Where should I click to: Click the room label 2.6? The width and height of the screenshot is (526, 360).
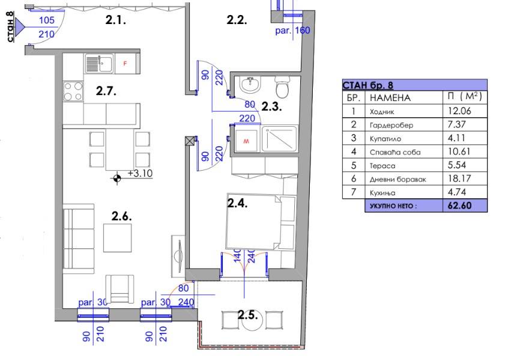tap(121, 216)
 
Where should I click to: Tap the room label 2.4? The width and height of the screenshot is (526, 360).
tap(238, 203)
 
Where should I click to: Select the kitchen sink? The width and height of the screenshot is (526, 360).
tap(100, 64)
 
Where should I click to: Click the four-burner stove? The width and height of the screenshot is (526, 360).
tap(73, 91)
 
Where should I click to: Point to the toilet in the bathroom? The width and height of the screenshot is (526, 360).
tap(282, 86)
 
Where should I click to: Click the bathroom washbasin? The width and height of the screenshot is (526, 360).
tap(250, 85)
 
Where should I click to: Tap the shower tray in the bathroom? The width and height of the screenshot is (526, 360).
tap(279, 139)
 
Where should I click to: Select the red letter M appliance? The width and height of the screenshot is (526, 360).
tap(246, 141)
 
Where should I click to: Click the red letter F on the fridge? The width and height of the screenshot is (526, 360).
tap(125, 63)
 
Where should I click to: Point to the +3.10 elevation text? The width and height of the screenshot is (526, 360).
tap(141, 173)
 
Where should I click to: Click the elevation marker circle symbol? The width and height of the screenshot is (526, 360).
tap(116, 178)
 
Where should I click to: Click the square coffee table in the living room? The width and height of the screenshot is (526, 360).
tap(117, 238)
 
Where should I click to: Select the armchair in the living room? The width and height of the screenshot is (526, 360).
tap(119, 289)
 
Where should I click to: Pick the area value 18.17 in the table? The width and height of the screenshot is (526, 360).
tap(459, 178)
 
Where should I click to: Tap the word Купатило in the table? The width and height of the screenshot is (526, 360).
tap(385, 139)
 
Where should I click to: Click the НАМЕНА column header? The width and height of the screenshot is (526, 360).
tap(390, 98)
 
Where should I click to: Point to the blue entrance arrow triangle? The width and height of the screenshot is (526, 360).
tap(20, 26)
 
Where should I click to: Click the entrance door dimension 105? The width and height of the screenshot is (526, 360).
tap(47, 20)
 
